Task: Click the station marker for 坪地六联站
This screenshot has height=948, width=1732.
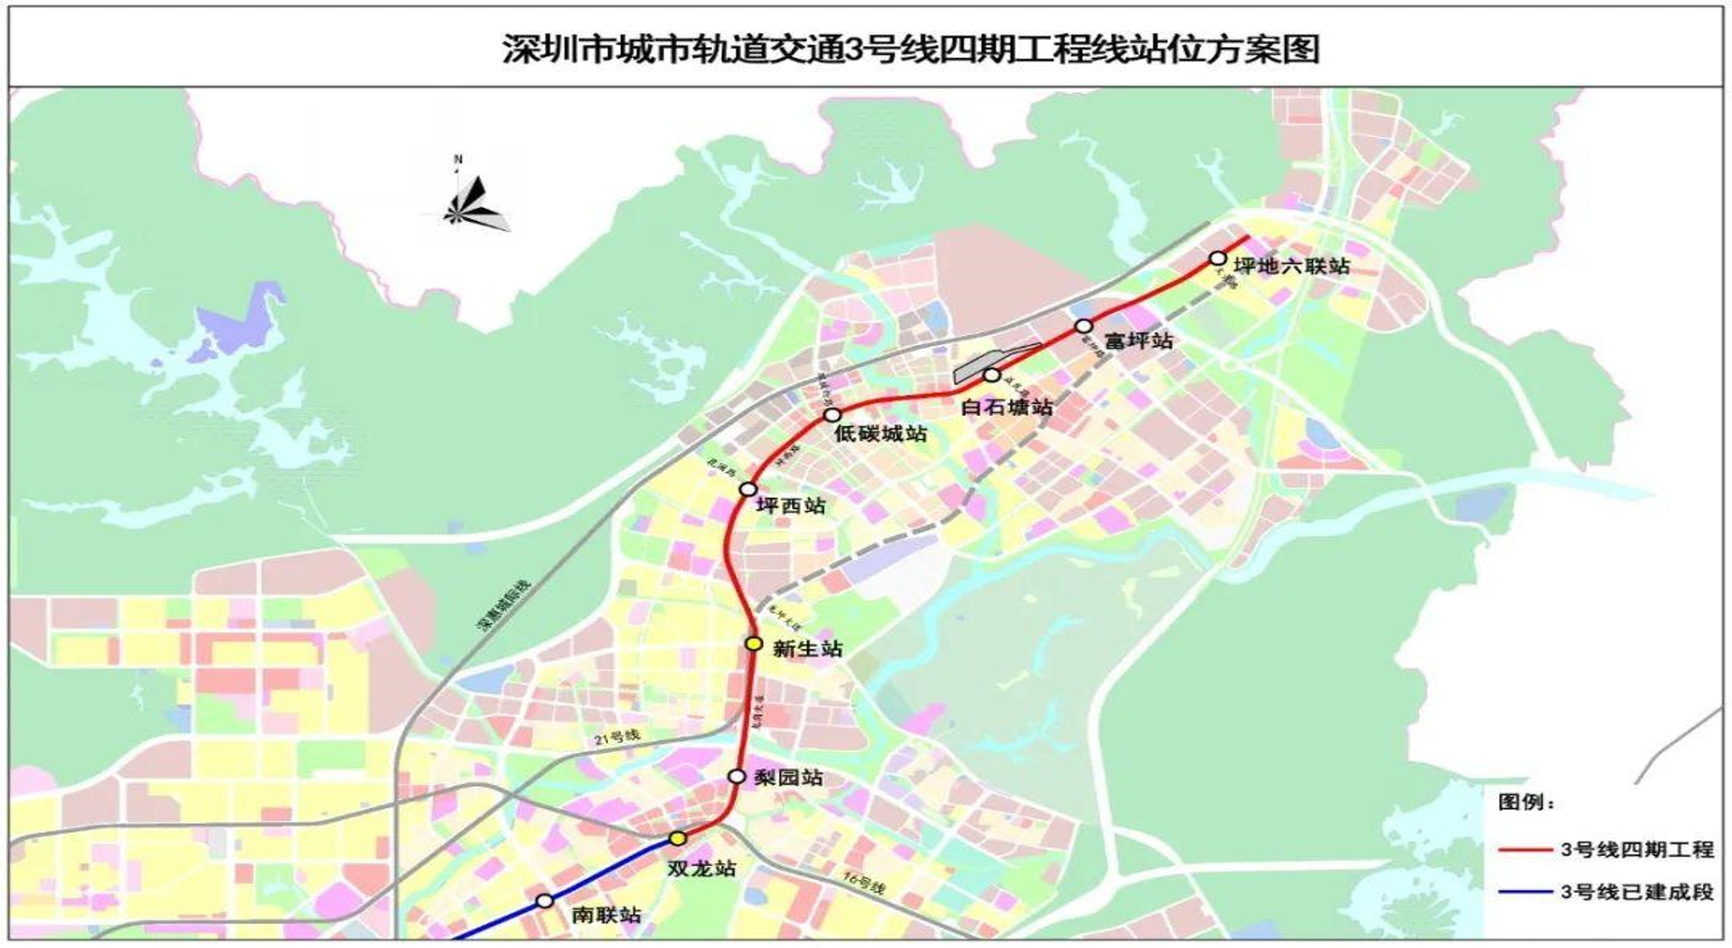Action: [1218, 258]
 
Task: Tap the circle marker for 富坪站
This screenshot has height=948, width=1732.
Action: [1084, 326]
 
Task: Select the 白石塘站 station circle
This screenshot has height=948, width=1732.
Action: [992, 375]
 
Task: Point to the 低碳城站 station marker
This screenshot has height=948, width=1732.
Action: [833, 415]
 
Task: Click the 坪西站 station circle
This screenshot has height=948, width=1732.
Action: [747, 489]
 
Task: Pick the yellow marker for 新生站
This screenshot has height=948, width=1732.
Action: [754, 643]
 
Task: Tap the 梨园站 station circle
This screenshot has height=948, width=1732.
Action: [737, 776]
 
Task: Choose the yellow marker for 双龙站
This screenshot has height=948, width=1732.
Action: [678, 839]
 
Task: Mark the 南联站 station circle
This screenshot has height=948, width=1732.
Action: [545, 900]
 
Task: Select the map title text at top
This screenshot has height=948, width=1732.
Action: [910, 48]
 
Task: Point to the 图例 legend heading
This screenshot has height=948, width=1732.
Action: [1526, 803]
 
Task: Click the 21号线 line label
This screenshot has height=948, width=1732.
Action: [618, 736]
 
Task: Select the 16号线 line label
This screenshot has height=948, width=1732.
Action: [863, 883]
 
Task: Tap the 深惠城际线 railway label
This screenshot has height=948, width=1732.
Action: [504, 606]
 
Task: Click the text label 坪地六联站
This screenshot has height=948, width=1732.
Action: [1291, 266]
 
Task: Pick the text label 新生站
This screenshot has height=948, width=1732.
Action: [807, 649]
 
